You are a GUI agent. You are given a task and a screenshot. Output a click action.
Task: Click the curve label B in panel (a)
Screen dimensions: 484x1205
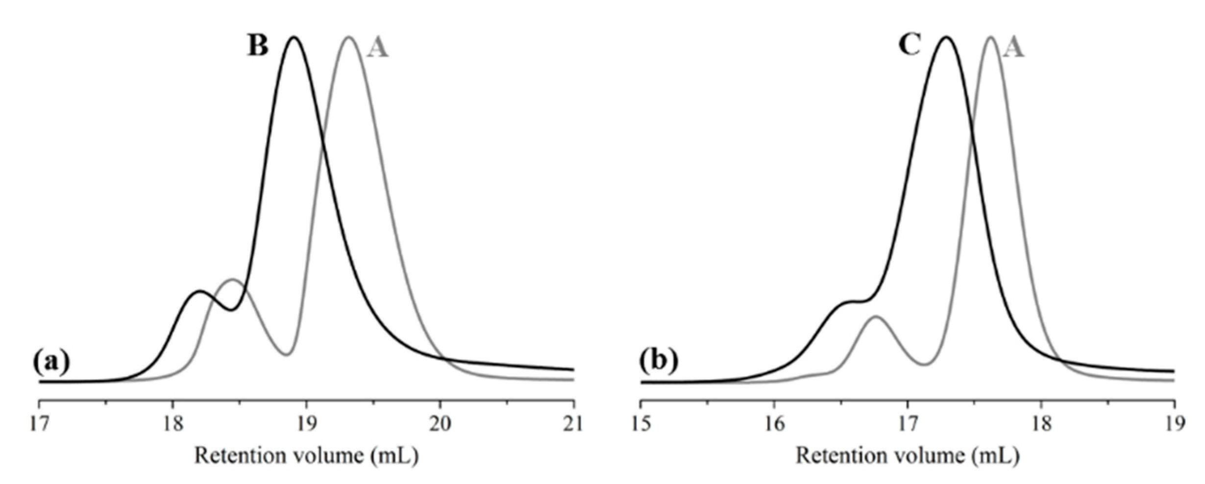click(x=257, y=46)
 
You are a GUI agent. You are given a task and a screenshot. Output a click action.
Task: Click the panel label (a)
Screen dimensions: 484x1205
click(x=51, y=362)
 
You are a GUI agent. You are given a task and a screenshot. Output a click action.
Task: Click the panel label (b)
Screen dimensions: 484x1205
click(x=659, y=362)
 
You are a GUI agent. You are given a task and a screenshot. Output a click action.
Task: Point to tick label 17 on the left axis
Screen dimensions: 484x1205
click(x=39, y=424)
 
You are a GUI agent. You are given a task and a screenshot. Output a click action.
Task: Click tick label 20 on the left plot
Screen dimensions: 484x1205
click(x=440, y=424)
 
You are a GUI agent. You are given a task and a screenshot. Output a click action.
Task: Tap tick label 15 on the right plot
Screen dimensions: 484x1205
click(x=641, y=424)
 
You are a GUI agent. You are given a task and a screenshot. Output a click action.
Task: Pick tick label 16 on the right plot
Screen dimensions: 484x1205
click(x=774, y=424)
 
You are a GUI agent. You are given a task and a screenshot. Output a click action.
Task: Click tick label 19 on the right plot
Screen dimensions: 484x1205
click(x=1174, y=424)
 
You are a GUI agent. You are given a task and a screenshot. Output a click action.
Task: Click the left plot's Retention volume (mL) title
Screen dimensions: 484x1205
click(x=306, y=456)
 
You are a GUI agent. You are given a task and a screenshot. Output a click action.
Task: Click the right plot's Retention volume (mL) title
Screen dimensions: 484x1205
click(x=907, y=456)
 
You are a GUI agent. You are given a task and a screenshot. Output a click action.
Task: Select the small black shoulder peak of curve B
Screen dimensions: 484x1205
click(x=198, y=292)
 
